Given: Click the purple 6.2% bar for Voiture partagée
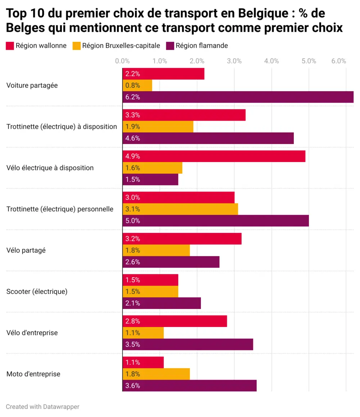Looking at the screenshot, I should pyautogui.click(x=238, y=97).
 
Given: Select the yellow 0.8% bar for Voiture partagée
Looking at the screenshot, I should pyautogui.click(x=137, y=86).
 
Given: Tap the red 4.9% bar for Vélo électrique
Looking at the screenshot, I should pyautogui.click(x=214, y=156).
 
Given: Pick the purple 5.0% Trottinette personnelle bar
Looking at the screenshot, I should pyautogui.click(x=215, y=221).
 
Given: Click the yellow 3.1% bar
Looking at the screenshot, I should pyautogui.click(x=180, y=209).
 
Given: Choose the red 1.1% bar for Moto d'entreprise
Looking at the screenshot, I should pyautogui.click(x=143, y=363).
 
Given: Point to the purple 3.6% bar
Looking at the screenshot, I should pyautogui.click(x=189, y=386).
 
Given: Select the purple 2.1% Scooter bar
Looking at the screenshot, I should pyautogui.click(x=161, y=303).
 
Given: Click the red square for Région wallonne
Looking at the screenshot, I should pyautogui.click(x=10, y=46).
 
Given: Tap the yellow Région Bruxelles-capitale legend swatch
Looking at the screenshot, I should pyautogui.click(x=76, y=46).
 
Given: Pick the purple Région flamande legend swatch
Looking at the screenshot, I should pyautogui.click(x=170, y=46).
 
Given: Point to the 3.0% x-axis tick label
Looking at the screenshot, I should pyautogui.click(x=234, y=61).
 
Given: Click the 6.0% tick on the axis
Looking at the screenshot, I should pyautogui.click(x=339, y=61).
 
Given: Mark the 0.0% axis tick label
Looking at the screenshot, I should pyautogui.click(x=122, y=61).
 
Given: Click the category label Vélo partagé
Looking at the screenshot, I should pyautogui.click(x=26, y=250).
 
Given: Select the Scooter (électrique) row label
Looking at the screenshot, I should pyautogui.click(x=37, y=292).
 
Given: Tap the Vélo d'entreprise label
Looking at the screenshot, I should pyautogui.click(x=32, y=333).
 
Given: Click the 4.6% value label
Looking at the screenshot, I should pyautogui.click(x=132, y=138).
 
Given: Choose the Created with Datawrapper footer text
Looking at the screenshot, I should pyautogui.click(x=42, y=407).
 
